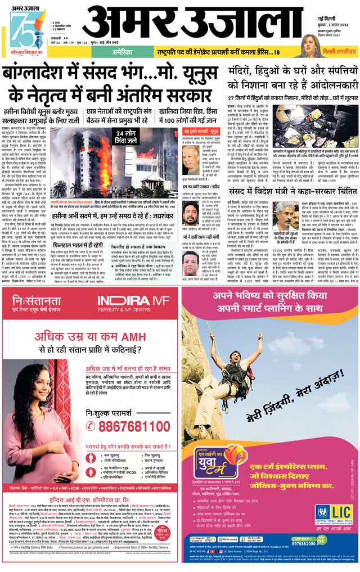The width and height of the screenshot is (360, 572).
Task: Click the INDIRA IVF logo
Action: coord(133,301)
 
